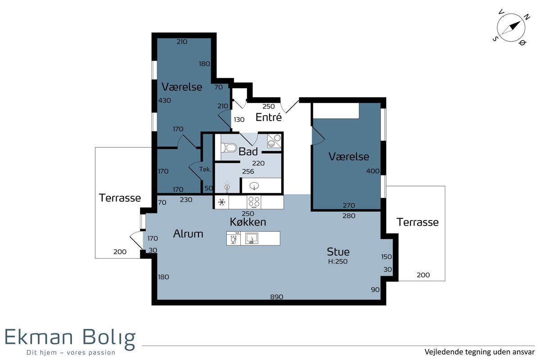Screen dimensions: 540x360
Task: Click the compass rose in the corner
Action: pyautogui.click(x=511, y=28)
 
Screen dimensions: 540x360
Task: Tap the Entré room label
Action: pyautogui.click(x=269, y=117)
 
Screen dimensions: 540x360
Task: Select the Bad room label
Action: pyautogui.click(x=248, y=152)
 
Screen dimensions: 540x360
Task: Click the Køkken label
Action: pyautogui.click(x=248, y=222)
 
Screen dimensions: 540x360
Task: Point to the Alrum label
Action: pyautogui.click(x=188, y=234)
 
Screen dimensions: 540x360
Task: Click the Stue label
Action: pyautogui.click(x=338, y=252)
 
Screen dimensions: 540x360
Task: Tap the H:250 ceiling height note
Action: pyautogui.click(x=338, y=261)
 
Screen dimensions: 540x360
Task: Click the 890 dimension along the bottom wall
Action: pyautogui.click(x=276, y=297)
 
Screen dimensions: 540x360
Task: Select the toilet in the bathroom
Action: pyautogui.click(x=229, y=147)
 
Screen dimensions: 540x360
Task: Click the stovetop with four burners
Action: pyautogui.click(x=254, y=202)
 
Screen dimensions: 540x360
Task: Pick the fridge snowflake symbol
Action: pyautogui.click(x=221, y=202)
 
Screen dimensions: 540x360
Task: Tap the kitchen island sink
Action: pyautogui.click(x=252, y=238)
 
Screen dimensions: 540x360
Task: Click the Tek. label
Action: pyautogui.click(x=205, y=169)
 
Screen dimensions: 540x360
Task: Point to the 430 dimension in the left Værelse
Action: pyautogui.click(x=164, y=100)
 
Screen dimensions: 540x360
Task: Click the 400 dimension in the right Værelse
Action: pyautogui.click(x=373, y=171)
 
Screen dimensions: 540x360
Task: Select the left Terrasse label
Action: pyautogui.click(x=120, y=198)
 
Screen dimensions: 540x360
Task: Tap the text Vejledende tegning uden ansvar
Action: pyautogui.click(x=480, y=352)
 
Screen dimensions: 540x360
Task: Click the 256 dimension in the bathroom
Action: pyautogui.click(x=248, y=171)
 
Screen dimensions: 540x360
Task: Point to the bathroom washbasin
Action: pyautogui.click(x=254, y=186)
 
